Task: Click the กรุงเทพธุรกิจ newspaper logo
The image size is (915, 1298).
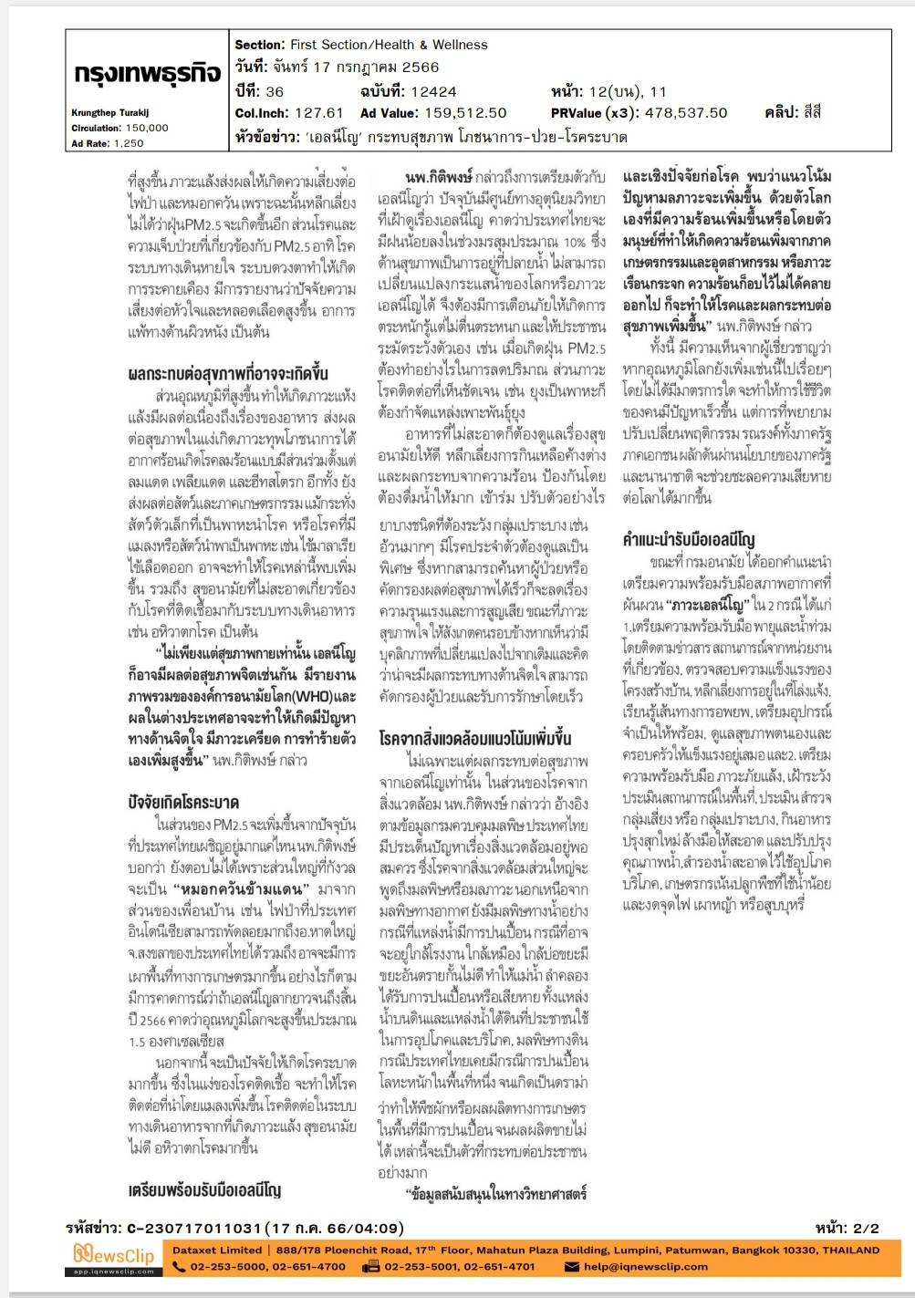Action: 146,75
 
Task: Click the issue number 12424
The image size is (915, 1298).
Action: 433,91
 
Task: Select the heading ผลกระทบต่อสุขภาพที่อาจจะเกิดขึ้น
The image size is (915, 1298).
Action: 228,374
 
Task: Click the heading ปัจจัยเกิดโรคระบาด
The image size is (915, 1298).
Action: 183,803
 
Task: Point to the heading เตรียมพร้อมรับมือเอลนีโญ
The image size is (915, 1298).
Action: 204,1190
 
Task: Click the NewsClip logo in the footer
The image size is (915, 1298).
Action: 115,1257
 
